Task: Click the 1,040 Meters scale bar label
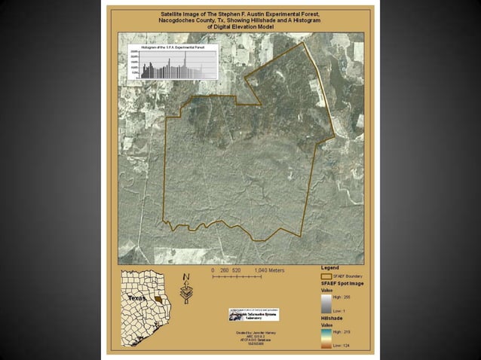click(269, 270)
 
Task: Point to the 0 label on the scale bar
click(213, 270)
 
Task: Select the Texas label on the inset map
click(136, 298)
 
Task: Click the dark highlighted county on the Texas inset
click(156, 300)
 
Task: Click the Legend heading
click(330, 267)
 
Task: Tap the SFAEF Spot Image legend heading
click(344, 283)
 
